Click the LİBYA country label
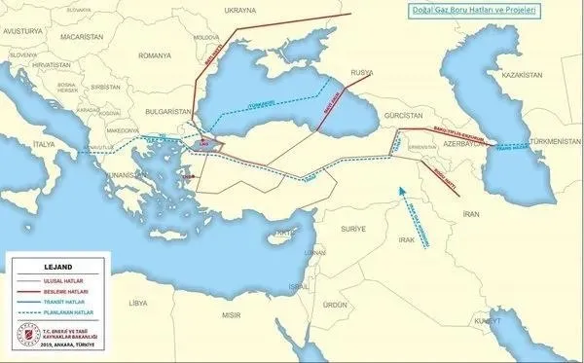pos(136,303)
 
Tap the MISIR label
pos(231,316)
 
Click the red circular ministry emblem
pos(21,337)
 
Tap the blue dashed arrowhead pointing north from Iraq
pos(403,186)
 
